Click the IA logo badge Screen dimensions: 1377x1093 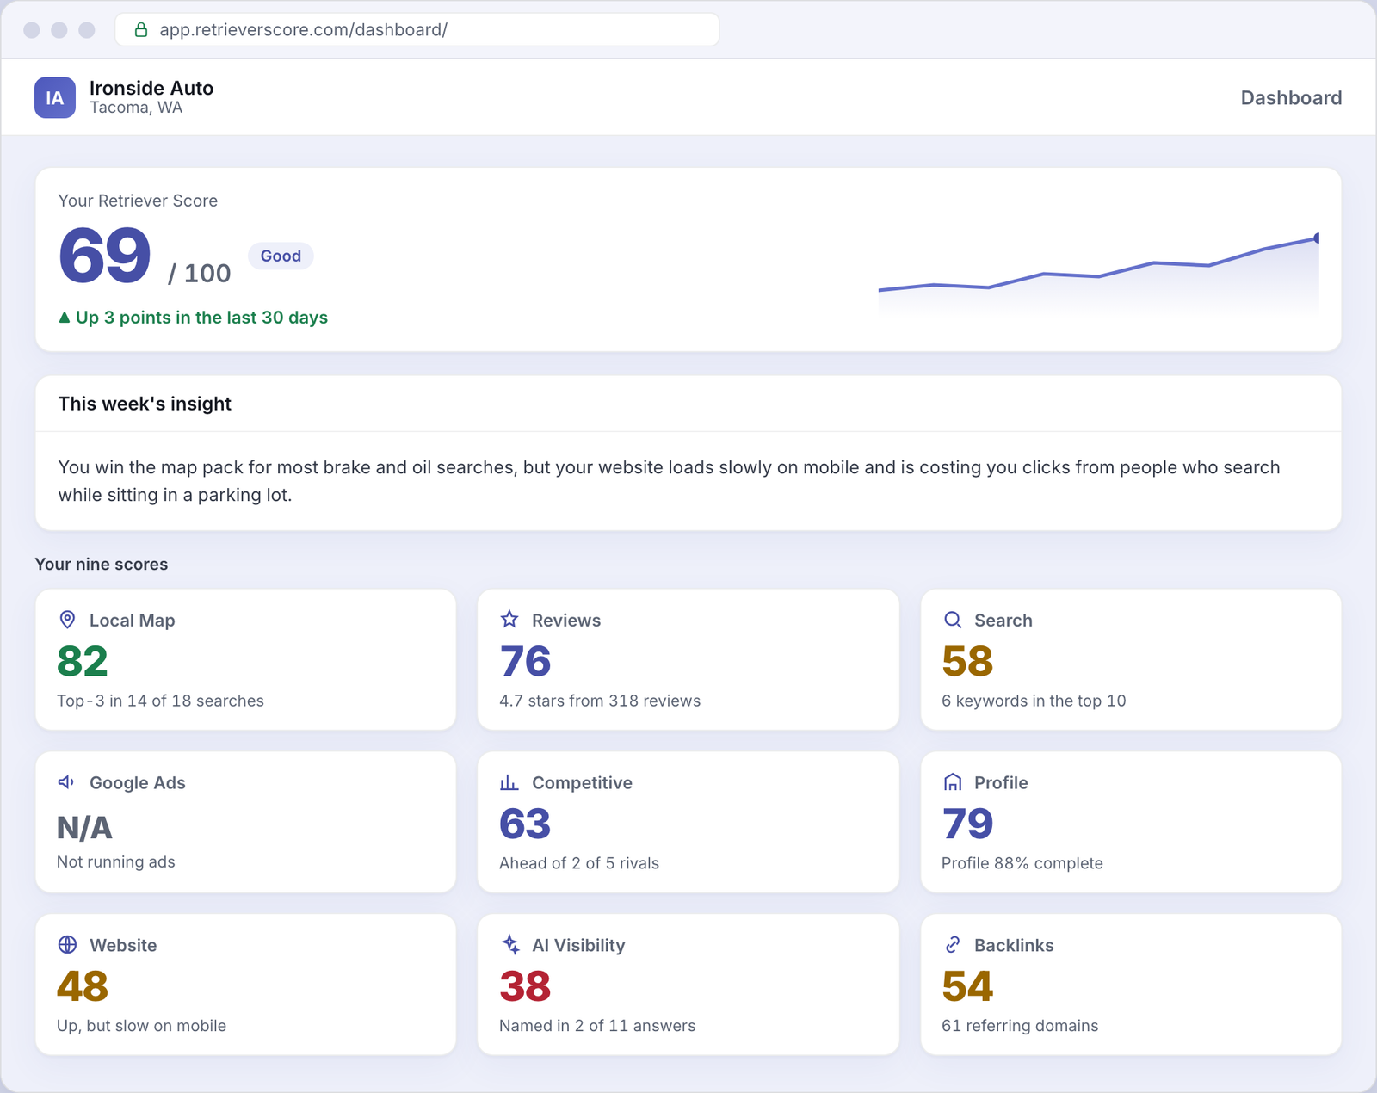coord(55,97)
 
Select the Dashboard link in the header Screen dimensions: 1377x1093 coord(1291,98)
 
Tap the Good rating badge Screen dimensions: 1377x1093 coord(281,256)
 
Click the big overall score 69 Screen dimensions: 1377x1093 coord(105,256)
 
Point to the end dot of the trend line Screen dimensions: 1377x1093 coord(1317,238)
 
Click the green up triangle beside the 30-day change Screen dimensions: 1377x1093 coord(64,318)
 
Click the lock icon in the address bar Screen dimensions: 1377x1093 coord(141,29)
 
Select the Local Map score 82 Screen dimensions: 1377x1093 coord(83,661)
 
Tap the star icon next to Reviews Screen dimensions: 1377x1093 coord(509,620)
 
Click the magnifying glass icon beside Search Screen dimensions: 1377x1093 coord(953,620)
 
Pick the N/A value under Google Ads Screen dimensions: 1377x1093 coord(84,827)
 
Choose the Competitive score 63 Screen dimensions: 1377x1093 coord(525,824)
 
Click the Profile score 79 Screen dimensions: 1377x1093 coord(967,824)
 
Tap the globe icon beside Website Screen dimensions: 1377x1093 coord(67,944)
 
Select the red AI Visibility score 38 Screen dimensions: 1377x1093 coord(525,986)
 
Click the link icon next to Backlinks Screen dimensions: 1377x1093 coord(953,944)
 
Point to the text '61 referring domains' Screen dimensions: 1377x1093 coord(1020,1025)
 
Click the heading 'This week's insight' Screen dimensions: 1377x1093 coord(145,404)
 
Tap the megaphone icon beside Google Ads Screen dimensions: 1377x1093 coord(66,782)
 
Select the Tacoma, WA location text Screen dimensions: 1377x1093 coord(136,108)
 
